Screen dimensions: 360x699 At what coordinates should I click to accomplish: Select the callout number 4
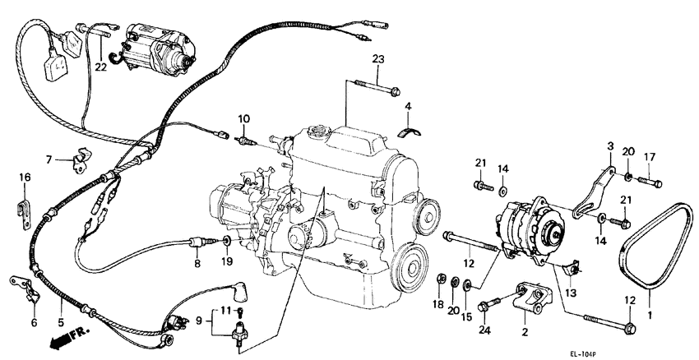(x=408, y=105)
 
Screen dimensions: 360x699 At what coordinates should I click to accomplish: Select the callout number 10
(x=243, y=120)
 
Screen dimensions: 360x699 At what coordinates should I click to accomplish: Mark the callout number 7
(x=49, y=159)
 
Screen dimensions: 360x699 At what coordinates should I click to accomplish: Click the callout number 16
(x=24, y=177)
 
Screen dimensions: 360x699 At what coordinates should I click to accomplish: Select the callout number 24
(x=484, y=330)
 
